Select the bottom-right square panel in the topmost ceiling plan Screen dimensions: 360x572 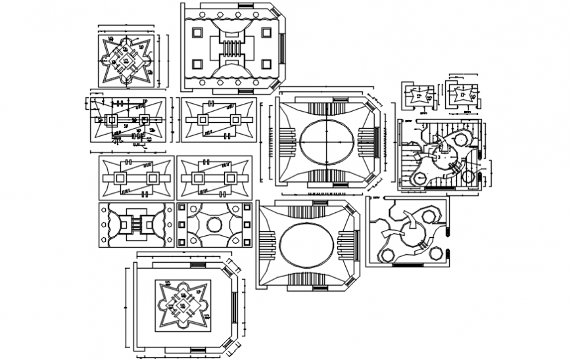[x=266, y=64]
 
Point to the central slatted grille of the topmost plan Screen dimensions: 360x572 [x=231, y=49]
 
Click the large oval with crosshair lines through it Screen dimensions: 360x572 [x=325, y=141]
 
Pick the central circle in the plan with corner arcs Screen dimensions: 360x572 [x=214, y=225]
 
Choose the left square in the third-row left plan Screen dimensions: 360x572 [x=118, y=178]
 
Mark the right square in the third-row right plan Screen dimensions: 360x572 [x=230, y=178]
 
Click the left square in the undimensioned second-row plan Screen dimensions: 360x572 [x=201, y=120]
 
